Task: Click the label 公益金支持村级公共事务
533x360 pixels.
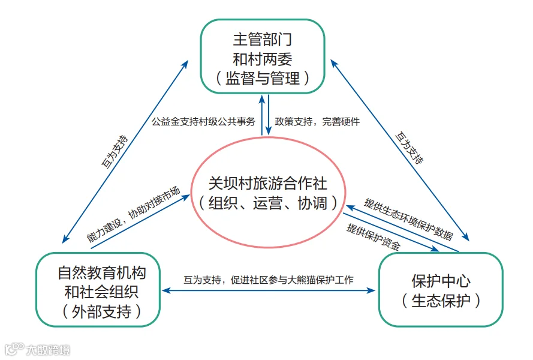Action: coord(203,121)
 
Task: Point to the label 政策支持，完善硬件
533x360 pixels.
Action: coord(317,121)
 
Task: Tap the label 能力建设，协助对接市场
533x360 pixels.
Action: coord(133,214)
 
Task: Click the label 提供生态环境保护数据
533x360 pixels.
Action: coord(408,220)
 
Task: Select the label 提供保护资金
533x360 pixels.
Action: coord(374,237)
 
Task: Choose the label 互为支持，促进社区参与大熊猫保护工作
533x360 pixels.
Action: coord(269,280)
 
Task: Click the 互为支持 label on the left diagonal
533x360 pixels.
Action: coord(115,152)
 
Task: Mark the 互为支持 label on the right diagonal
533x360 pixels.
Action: coord(409,148)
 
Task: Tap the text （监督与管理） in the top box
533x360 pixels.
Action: coord(263,78)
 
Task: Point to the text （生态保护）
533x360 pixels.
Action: coord(441,301)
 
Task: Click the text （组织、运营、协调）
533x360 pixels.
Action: coord(269,203)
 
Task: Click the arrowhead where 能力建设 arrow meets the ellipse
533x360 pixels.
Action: coord(186,197)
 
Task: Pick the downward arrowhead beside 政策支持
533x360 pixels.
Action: coord(269,131)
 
